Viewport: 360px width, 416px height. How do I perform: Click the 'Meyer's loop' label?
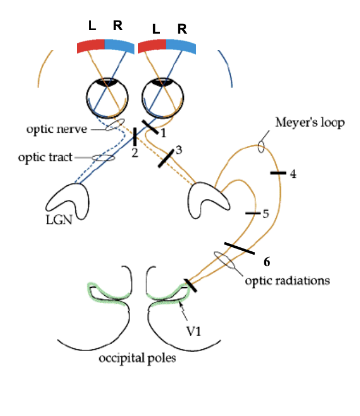[310, 123]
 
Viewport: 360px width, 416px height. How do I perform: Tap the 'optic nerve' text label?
[56, 129]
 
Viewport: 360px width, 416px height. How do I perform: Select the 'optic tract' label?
[45, 157]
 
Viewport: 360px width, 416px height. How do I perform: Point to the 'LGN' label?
[60, 219]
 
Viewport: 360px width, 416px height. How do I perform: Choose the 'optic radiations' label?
[288, 280]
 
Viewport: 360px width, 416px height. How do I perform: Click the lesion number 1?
[162, 133]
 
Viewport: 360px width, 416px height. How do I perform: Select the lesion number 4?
[293, 174]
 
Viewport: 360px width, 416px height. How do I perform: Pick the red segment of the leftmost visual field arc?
[91, 46]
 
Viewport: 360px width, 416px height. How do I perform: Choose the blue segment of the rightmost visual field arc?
[182, 46]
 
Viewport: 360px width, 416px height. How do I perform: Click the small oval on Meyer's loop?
[261, 147]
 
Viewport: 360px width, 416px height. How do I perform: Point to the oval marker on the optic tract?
[103, 157]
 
